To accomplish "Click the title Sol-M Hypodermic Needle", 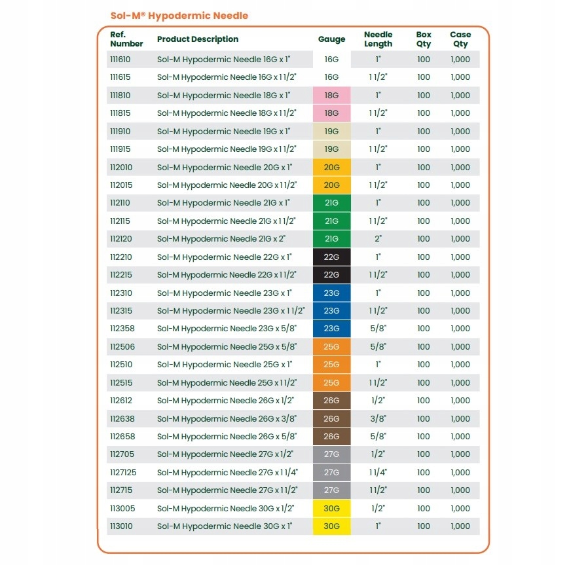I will pos(178,15).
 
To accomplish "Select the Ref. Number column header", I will pos(126,39).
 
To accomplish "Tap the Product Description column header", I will pos(197,39).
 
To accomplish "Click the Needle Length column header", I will pos(378,39).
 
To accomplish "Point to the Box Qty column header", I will pos(424,39).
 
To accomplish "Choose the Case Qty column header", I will pos(460,39).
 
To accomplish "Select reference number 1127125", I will pos(122,472).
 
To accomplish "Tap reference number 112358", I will pos(121,329).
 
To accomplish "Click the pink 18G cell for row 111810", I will pos(332,95).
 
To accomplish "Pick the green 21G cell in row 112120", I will pos(332,239).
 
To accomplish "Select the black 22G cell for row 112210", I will pos(332,257).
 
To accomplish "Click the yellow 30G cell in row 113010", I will pos(332,526).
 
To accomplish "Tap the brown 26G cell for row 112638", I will pos(332,418).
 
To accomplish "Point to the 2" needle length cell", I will pos(378,239).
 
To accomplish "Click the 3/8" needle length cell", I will pos(378,418).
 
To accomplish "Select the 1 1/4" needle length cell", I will pos(378,472).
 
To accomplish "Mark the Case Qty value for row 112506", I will pos(460,346).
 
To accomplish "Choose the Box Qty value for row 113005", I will pos(424,508).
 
